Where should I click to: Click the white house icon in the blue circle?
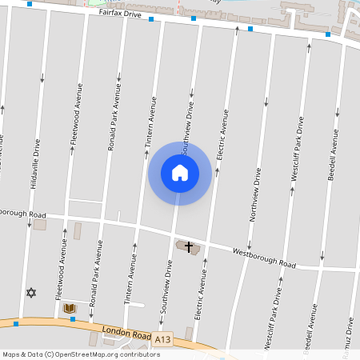point(180,173)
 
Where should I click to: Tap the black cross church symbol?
point(190,246)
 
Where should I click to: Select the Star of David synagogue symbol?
point(32,294)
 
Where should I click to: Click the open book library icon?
point(69,308)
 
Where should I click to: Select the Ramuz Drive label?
point(350,334)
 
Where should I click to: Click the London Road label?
point(126,332)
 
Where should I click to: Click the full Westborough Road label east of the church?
point(264,258)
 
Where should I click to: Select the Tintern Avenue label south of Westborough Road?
point(128,284)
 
